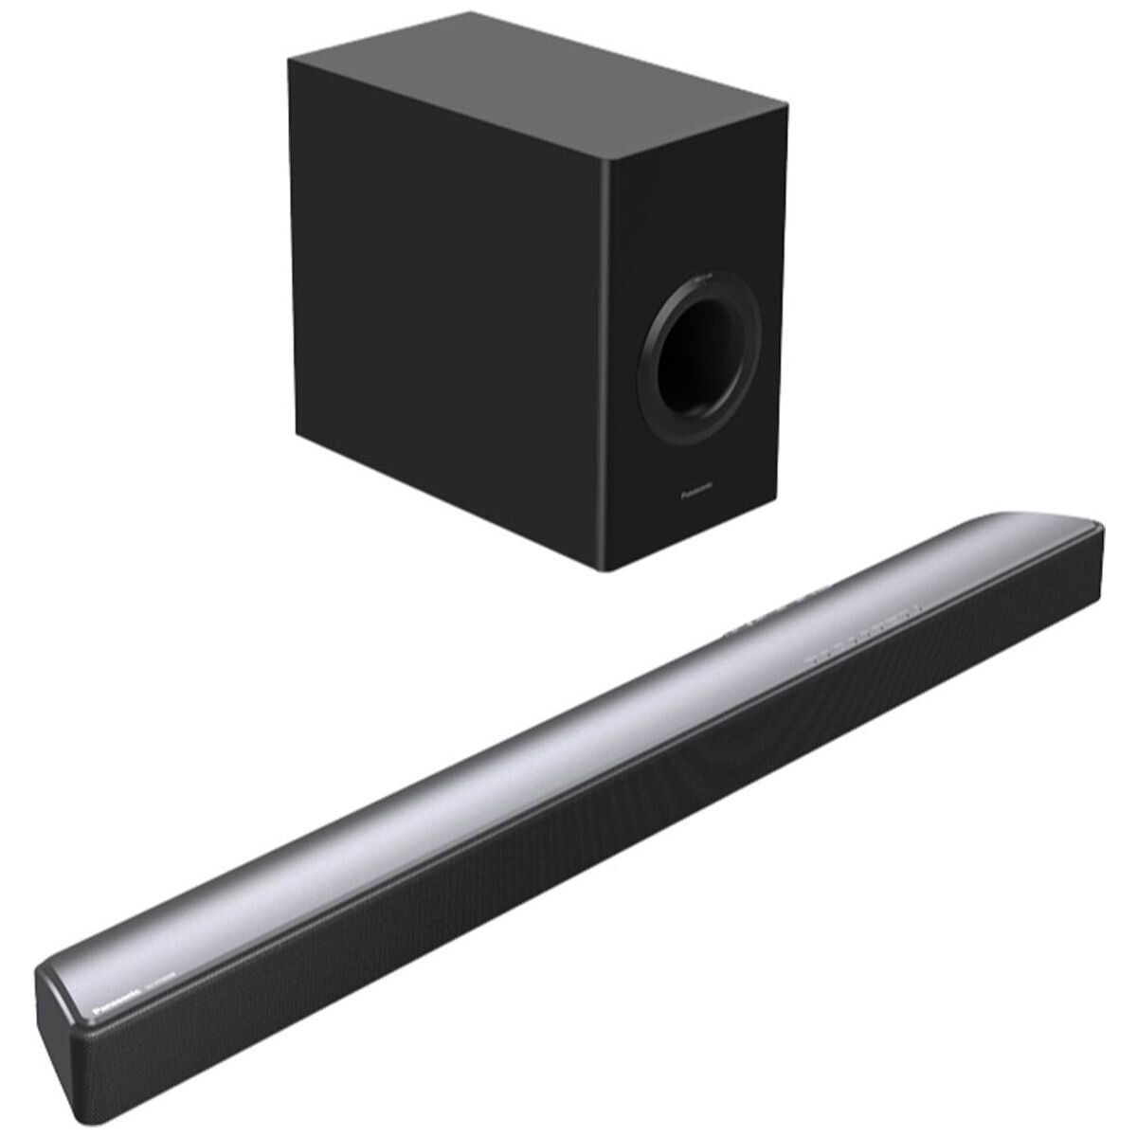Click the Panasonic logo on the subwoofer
click(698, 494)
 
